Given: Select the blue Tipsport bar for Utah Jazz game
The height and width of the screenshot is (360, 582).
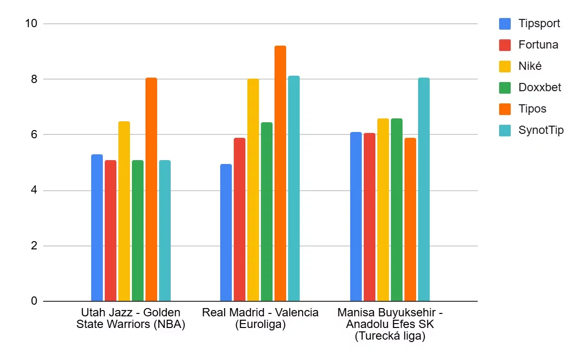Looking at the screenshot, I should (97, 228).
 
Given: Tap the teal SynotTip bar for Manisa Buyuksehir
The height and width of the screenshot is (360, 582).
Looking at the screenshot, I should (424, 190).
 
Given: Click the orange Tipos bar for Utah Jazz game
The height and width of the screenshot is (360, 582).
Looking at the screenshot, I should (151, 190).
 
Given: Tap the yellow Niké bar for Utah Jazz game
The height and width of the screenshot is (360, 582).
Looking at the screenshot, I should (124, 212).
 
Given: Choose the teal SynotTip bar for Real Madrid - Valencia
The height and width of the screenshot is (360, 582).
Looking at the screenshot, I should (294, 189).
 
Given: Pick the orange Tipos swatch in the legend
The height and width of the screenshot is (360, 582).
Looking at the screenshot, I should (505, 109).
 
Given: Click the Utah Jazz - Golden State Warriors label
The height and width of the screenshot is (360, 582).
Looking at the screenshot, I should (131, 318).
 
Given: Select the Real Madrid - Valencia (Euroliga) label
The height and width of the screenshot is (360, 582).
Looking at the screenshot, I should (260, 318).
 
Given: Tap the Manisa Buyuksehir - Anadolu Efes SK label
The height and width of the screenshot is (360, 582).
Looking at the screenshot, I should (390, 324).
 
